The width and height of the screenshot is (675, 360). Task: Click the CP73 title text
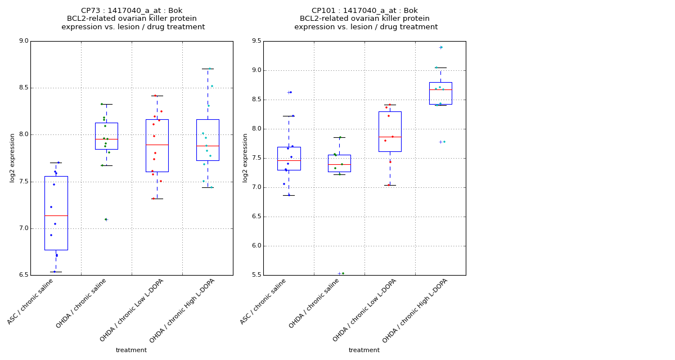coord(132,11)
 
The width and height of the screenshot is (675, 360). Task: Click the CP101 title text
coord(364,11)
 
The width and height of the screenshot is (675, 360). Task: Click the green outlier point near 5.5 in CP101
coord(343,273)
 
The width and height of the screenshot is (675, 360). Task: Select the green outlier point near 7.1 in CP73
coord(105,219)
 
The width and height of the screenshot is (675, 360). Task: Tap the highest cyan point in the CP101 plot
coord(442,47)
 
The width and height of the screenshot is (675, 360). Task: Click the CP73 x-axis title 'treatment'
coord(131,350)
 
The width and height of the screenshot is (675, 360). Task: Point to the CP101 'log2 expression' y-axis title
coord(245,157)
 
